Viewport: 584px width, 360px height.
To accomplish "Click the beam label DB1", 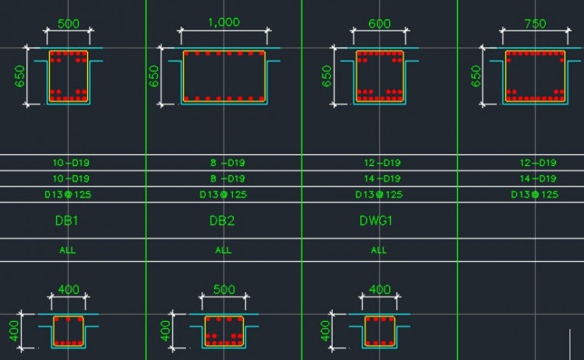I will click(67, 221).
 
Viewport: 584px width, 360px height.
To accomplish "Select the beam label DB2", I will click(223, 221).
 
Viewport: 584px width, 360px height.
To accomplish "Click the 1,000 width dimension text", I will click(224, 23).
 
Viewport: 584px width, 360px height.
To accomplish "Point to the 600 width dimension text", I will click(379, 23).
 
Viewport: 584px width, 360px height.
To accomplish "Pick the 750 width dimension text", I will click(535, 23).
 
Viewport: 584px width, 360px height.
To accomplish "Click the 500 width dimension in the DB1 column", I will click(69, 23).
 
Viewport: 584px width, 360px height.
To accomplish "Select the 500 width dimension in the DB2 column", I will click(224, 289).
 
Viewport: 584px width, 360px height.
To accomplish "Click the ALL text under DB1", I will click(68, 250).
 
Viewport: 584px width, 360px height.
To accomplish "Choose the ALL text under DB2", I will click(223, 250).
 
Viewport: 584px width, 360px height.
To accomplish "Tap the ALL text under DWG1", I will click(379, 250).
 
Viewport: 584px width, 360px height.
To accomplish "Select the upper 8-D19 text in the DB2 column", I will click(223, 163).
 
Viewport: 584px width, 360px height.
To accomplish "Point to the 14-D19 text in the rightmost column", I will click(537, 178).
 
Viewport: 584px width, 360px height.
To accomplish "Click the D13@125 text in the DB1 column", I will click(68, 194).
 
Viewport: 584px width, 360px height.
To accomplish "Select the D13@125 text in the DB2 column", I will click(223, 194).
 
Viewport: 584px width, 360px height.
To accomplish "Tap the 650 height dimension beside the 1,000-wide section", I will click(154, 76).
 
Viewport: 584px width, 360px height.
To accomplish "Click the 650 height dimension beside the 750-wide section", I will click(477, 76).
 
